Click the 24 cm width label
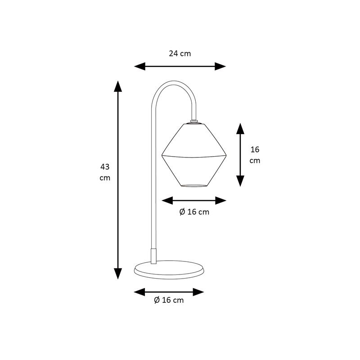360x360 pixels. (180, 54)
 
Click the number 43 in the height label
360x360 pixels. (105, 166)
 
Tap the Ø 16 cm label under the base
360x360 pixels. (169, 300)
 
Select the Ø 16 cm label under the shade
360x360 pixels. (194, 211)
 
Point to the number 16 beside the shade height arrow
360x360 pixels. (255, 149)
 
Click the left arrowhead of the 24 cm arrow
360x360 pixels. (139, 66)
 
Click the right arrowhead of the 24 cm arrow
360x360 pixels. (220, 66)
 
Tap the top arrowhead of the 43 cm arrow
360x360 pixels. (118, 86)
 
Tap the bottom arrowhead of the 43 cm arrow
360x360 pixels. (118, 274)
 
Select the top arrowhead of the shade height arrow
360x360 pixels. (240, 129)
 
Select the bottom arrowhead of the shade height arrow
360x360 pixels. (240, 181)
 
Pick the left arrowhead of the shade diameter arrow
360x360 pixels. (167, 200)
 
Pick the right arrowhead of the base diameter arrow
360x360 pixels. (198, 292)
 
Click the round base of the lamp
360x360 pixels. (169, 270)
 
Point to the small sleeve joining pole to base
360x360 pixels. (153, 256)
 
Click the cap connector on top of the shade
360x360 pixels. (194, 121)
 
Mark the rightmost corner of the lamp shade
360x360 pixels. (226, 155)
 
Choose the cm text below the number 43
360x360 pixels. (105, 178)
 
